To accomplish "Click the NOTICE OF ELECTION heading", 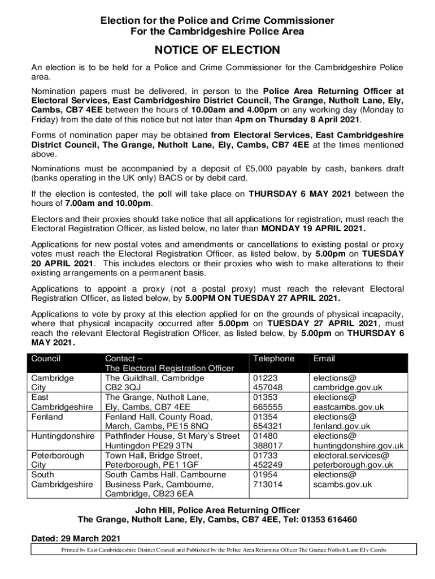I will (x=217, y=50).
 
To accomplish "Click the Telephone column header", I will (x=273, y=358).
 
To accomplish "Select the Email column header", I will (x=324, y=358).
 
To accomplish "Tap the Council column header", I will (x=46, y=358).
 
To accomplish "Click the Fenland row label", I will (x=47, y=417).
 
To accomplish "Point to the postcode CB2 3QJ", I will (x=125, y=387).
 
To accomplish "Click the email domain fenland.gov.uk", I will (x=342, y=426).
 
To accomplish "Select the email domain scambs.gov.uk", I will (x=342, y=485).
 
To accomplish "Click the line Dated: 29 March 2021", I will (x=75, y=538).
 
